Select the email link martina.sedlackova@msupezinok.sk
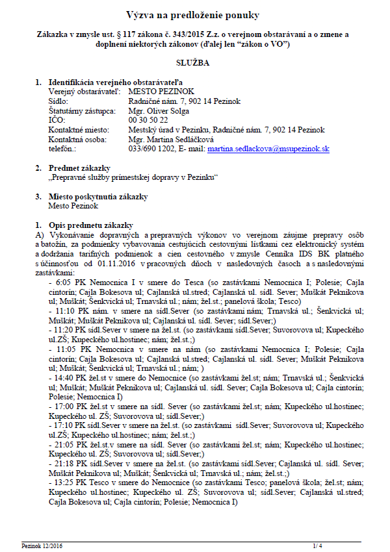coord(268,149)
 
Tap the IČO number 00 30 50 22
coord(148,120)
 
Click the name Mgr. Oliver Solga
coord(157,111)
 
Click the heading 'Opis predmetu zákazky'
coord(90,224)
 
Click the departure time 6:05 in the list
coord(64,284)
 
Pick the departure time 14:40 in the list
coord(66,377)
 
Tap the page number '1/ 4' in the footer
coord(317,546)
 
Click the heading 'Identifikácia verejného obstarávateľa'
coord(116,83)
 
